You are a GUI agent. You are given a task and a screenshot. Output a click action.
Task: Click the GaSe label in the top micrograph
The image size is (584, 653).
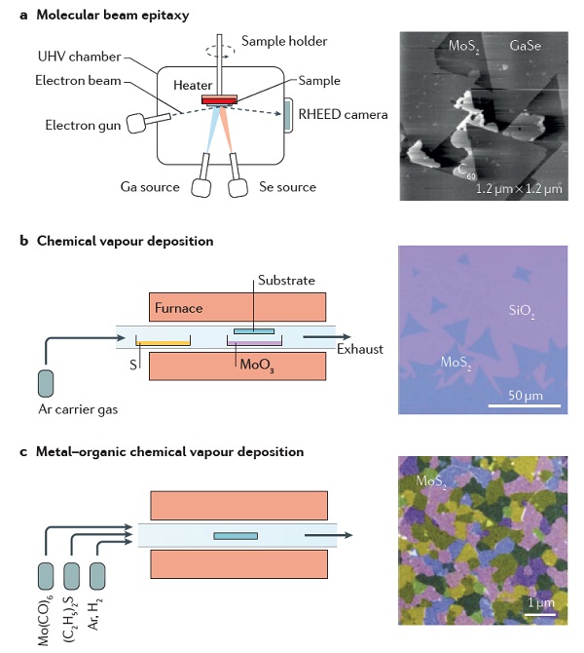(x=529, y=45)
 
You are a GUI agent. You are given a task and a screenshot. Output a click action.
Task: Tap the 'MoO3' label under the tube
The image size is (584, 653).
(x=248, y=364)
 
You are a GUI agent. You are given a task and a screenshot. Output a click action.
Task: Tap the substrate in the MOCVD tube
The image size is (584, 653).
(x=236, y=535)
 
